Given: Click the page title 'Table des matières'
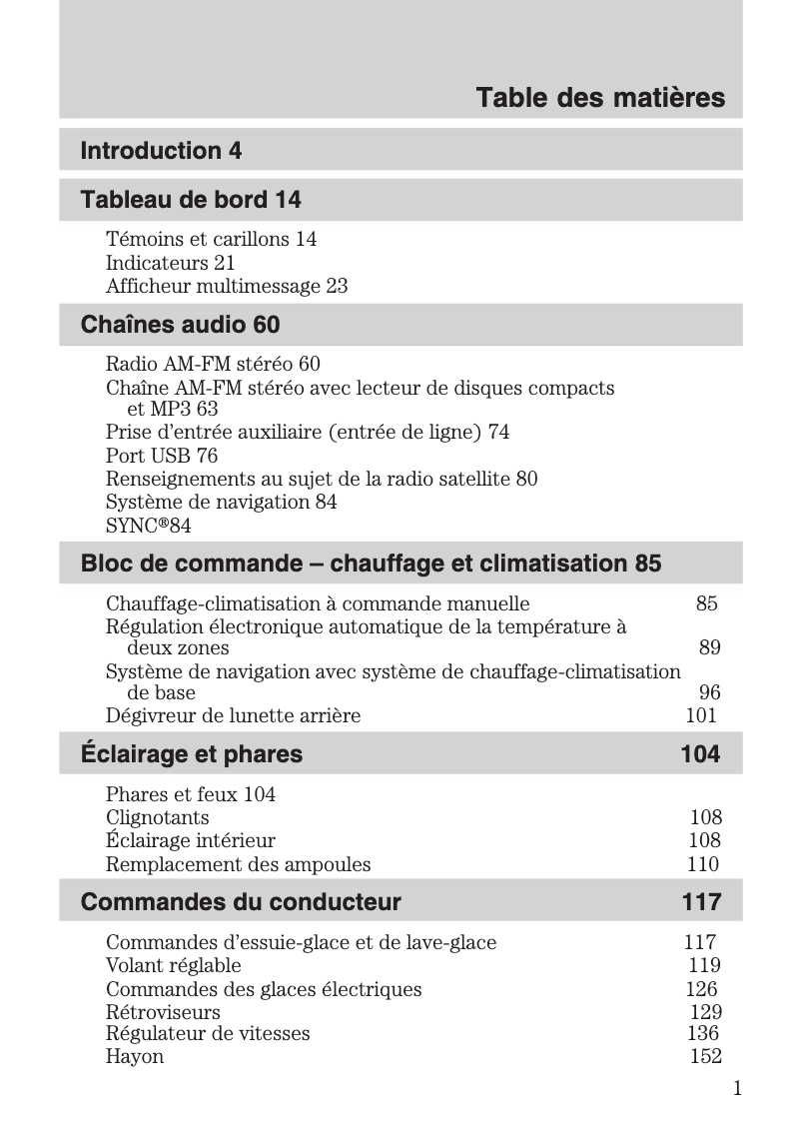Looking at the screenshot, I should coord(599,99).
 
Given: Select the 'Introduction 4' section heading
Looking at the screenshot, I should coord(161,151).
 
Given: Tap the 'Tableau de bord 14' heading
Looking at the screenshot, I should coord(190,200).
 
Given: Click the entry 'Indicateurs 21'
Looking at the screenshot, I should coord(170,263).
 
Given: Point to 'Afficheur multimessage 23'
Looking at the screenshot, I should coord(227,286).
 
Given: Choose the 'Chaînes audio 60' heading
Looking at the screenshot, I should coord(180,325).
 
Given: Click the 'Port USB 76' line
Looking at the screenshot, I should coord(162,456).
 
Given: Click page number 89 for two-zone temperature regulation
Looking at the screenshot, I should coord(709,648).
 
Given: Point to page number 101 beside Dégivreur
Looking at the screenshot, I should coord(701,715).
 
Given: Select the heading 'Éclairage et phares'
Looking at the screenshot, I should coord(191,753).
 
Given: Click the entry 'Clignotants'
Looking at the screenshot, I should coord(158,818).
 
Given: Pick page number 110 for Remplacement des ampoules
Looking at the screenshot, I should coord(702,864).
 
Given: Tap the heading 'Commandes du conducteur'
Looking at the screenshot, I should coord(241,902).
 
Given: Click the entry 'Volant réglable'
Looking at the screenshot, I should coord(174,965).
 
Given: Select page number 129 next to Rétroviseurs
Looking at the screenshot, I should coord(705,1012).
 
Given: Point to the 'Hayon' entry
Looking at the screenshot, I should coord(135,1056).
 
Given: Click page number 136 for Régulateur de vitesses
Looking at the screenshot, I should coord(703,1033).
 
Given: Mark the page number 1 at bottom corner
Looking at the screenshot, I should coord(736,1088).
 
